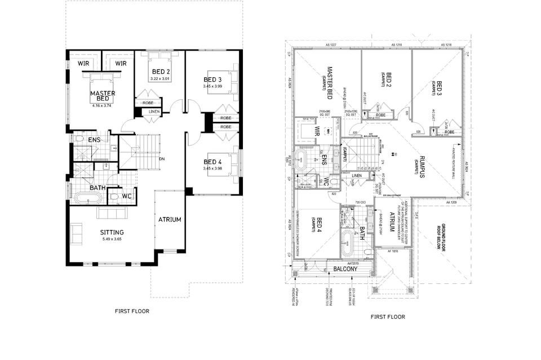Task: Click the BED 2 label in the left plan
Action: click(161, 72)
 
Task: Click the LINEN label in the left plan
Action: click(154, 112)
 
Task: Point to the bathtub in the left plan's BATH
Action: click(87, 199)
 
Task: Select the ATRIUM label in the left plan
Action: click(170, 220)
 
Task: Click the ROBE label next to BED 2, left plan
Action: click(148, 103)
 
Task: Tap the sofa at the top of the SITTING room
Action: click(113, 213)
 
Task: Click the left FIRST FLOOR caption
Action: click(131, 310)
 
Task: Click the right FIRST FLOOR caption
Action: click(388, 317)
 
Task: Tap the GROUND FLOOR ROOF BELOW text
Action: click(445, 236)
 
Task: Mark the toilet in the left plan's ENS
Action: click(79, 139)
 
